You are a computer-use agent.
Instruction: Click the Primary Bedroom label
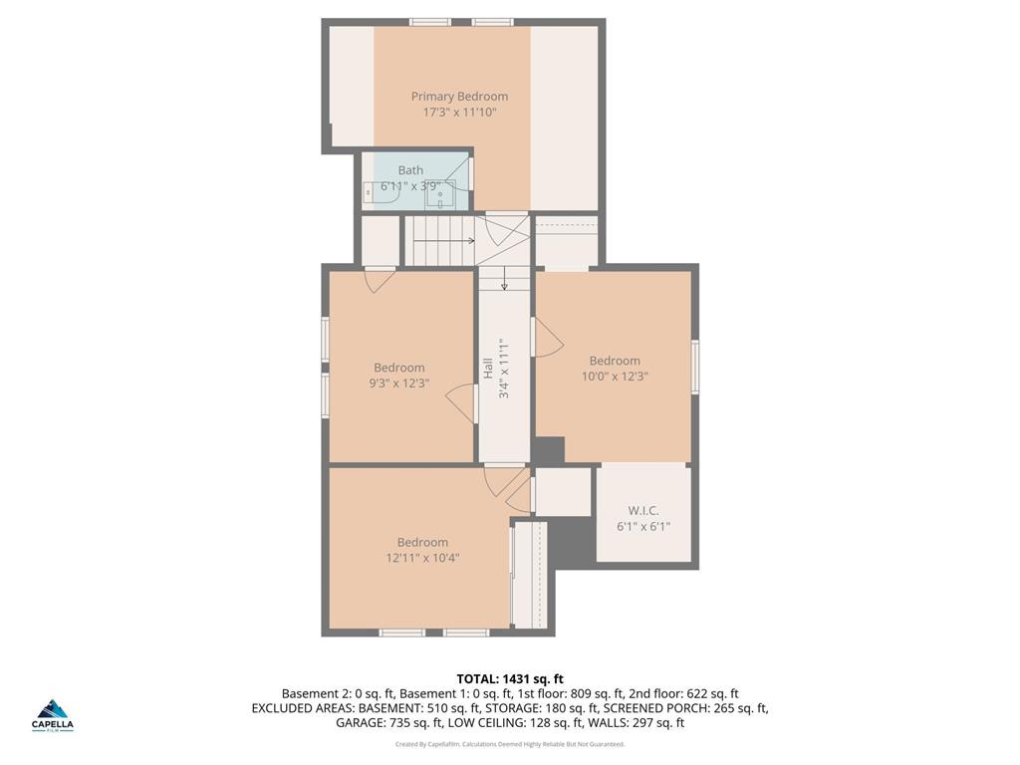click(x=459, y=97)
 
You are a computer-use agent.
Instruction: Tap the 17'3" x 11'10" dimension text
click(x=459, y=113)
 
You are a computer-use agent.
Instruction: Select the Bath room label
click(x=410, y=170)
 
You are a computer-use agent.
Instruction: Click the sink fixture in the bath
click(x=440, y=194)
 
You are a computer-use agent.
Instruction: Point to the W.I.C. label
click(x=643, y=510)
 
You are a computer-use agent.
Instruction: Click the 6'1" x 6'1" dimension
click(x=643, y=526)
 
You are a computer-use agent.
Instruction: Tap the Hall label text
click(x=488, y=368)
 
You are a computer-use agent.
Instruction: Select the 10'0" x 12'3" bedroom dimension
click(x=615, y=377)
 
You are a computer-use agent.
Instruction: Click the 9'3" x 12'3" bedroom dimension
click(x=398, y=382)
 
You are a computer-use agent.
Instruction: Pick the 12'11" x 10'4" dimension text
click(x=422, y=558)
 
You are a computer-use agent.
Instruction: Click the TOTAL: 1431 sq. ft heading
click(x=510, y=678)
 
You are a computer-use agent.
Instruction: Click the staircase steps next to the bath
click(x=438, y=240)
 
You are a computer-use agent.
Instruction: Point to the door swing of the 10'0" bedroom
click(x=548, y=338)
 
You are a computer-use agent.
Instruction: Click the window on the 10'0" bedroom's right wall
click(x=695, y=366)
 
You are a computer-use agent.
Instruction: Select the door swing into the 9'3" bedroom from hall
click(x=460, y=401)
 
